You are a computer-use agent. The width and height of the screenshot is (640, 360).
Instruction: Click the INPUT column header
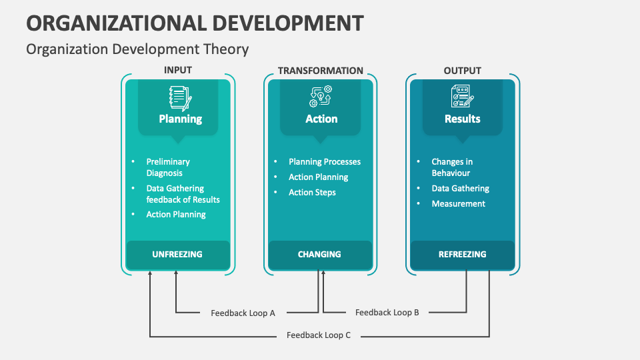click(x=177, y=71)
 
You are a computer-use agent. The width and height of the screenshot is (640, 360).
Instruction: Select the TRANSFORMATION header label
click(x=321, y=71)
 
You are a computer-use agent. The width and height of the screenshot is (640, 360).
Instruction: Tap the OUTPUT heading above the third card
click(x=462, y=71)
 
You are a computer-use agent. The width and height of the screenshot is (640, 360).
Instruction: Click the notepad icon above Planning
click(x=180, y=97)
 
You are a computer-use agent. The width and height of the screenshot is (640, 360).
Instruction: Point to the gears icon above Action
click(x=321, y=97)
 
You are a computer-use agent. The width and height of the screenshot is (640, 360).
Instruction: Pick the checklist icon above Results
click(x=462, y=97)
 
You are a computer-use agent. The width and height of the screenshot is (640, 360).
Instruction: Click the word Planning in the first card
click(x=180, y=119)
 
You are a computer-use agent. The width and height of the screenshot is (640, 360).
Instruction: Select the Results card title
click(x=462, y=119)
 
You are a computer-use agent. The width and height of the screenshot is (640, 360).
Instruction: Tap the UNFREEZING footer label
click(x=177, y=254)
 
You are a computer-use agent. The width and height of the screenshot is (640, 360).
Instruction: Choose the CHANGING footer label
click(x=319, y=254)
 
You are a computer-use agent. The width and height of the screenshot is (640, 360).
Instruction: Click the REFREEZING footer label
click(x=462, y=254)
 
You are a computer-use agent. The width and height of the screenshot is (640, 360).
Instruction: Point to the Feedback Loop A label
click(x=243, y=313)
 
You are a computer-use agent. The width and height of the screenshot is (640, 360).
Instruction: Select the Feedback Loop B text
click(x=387, y=312)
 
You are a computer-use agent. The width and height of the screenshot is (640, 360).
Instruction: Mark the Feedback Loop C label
click(x=319, y=335)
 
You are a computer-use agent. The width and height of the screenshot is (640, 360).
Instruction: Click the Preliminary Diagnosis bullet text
click(x=168, y=167)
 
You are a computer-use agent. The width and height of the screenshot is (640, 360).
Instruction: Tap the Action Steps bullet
click(x=312, y=193)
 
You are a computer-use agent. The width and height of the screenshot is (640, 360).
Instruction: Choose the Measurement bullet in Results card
click(x=458, y=204)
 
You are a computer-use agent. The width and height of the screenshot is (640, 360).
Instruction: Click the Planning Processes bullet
click(x=325, y=162)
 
